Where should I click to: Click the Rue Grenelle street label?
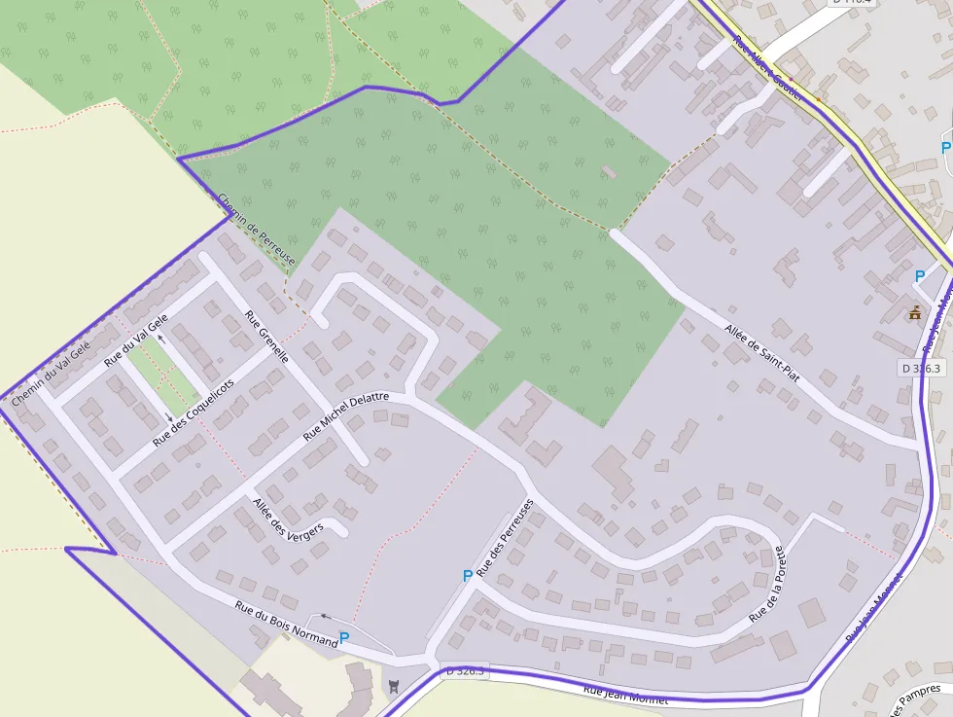point(266,337)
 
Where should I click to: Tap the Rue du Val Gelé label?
point(136,340)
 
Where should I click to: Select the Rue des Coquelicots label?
point(194,413)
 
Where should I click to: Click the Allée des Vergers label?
point(288,527)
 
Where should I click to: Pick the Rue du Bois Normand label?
point(286,624)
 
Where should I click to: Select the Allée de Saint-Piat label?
point(761,352)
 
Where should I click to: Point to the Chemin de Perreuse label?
point(256,230)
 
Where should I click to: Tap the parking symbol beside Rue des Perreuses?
point(468,576)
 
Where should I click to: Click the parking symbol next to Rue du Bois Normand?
point(344,638)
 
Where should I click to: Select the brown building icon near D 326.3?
point(914,313)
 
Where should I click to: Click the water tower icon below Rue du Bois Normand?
point(393,686)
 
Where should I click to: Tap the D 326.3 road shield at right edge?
point(919,369)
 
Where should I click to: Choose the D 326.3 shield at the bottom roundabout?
point(464,671)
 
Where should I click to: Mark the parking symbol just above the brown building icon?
point(920,276)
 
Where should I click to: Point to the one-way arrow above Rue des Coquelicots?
point(160,340)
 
